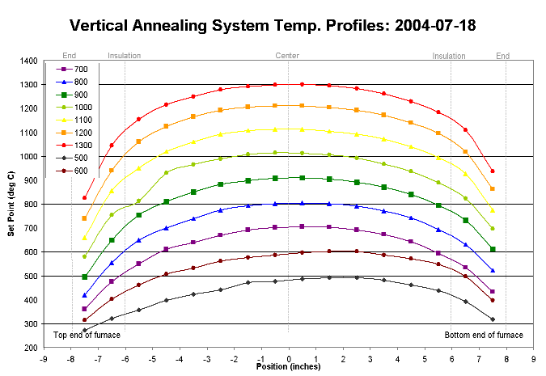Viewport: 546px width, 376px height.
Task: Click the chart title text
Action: click(x=273, y=25)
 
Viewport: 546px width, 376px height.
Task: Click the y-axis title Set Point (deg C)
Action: click(x=11, y=204)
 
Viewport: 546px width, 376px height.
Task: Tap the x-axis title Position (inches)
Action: click(x=288, y=366)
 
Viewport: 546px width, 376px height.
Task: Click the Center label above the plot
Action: click(x=287, y=56)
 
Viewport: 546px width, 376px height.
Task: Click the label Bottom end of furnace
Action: click(x=484, y=335)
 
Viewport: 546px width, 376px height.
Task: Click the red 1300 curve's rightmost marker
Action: click(x=492, y=171)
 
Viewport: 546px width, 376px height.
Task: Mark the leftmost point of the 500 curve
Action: click(x=84, y=330)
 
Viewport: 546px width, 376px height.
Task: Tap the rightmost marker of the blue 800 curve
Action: click(x=492, y=270)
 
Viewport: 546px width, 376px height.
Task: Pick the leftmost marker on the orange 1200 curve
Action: click(x=84, y=218)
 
